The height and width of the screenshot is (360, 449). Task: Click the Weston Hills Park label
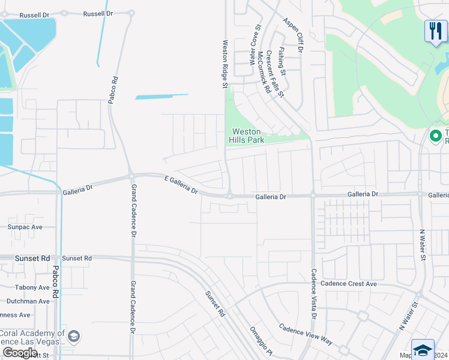(246, 136)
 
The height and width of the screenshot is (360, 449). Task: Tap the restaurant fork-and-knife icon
(435, 31)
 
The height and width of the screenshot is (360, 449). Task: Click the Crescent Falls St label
(275, 73)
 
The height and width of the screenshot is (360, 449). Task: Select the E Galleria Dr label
(181, 184)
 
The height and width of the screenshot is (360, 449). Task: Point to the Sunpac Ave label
(25, 227)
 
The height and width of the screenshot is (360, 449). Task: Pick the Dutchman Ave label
(28, 301)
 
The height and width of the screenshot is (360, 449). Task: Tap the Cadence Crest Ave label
(348, 283)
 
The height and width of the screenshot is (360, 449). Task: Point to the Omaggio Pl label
(261, 341)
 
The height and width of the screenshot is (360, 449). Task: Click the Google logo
(20, 353)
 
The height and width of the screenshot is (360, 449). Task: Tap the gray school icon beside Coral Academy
(74, 335)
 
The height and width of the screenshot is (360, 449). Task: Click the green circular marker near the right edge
(436, 136)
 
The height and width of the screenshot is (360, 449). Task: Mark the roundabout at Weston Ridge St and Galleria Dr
(229, 196)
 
